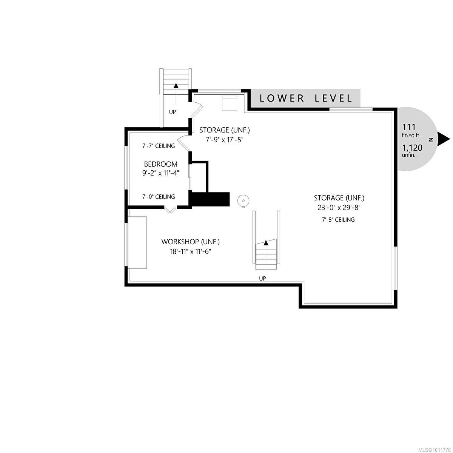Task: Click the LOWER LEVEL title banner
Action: pos(306,98)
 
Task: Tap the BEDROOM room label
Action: pos(160,164)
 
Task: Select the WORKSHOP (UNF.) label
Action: pos(190,242)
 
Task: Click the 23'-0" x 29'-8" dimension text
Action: pos(339,207)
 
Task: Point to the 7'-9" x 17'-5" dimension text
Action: pos(224,139)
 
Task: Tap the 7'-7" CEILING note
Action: pos(158,146)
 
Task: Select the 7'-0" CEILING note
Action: pos(158,197)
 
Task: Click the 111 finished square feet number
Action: pos(409,127)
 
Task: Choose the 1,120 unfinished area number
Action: pos(412,148)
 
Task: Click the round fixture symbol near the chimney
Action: pos(243,201)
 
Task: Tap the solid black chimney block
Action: pos(210,199)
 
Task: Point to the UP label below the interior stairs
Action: pos(262,278)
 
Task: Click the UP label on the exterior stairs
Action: pos(173,112)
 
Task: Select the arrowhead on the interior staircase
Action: pos(266,243)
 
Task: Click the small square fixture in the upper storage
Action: pos(229,103)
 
